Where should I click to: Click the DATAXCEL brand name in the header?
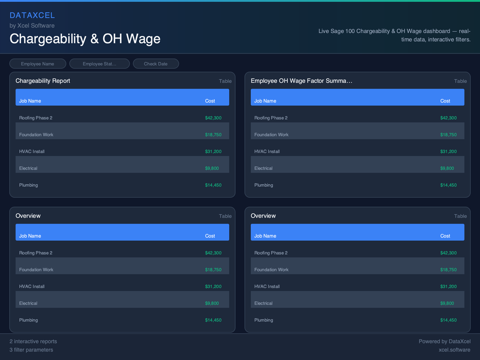[32, 15]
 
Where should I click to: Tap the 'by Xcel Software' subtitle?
[32, 26]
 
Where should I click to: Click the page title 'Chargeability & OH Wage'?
[85, 39]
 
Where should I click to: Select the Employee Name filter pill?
[37, 64]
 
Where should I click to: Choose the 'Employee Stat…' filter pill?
[99, 64]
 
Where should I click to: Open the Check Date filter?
[156, 64]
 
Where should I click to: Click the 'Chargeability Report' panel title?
[43, 81]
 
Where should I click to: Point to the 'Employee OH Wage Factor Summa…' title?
[301, 81]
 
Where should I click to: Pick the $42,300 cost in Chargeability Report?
[213, 118]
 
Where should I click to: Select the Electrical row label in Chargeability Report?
[28, 168]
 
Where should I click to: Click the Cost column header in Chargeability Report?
[210, 101]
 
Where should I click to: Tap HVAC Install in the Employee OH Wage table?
[267, 151]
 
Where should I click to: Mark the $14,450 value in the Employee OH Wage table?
[448, 185]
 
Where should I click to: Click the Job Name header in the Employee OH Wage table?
[265, 101]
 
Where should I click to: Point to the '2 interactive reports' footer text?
[33, 342]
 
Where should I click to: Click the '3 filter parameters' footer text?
[31, 350]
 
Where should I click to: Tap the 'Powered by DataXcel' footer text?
[444, 342]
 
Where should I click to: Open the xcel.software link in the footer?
[454, 350]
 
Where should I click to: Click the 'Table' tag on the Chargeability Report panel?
[225, 81]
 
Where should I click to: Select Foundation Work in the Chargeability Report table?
[36, 135]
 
